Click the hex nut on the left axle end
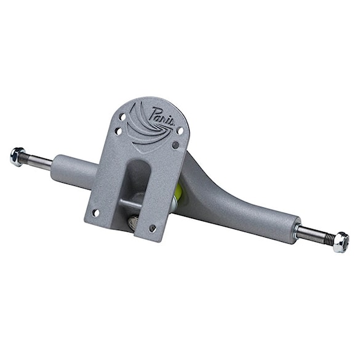pos(17,156)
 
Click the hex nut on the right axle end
pos(340,241)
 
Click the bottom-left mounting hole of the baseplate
pos(95,213)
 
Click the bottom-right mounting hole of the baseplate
pos(153,228)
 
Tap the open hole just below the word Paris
pos(179,130)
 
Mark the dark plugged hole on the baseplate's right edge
pos(175,145)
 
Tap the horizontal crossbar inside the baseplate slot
pos(131,203)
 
